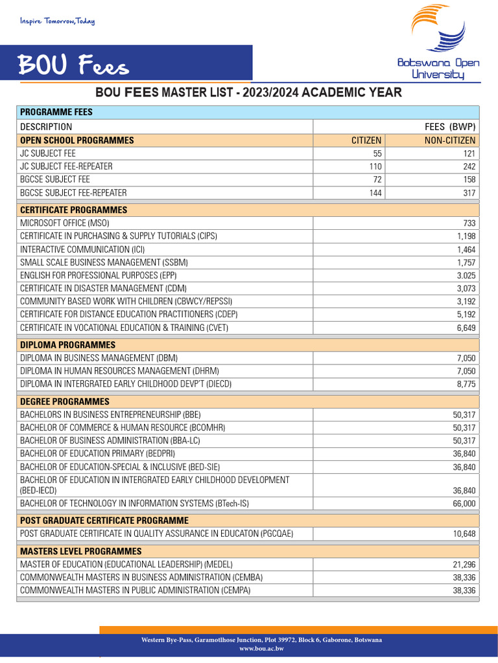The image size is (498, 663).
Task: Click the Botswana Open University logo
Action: [x=438, y=43]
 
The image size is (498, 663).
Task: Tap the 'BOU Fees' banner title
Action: [x=73, y=65]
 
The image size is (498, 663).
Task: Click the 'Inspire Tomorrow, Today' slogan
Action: [x=57, y=21]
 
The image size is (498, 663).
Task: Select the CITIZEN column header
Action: [x=366, y=140]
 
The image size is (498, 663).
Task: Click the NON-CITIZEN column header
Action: [x=450, y=140]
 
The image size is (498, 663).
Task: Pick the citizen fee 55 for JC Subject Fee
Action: [x=377, y=153]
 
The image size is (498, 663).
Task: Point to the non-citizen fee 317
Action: [x=469, y=193]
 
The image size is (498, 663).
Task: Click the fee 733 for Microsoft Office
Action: [x=469, y=223]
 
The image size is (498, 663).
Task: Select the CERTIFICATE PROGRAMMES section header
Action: [x=73, y=210]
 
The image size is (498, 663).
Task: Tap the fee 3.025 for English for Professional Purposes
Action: [x=466, y=275]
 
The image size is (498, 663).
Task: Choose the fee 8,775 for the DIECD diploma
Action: [x=466, y=384]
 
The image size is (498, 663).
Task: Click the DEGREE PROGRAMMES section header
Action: [x=65, y=401]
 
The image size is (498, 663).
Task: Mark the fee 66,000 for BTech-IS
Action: [x=464, y=504]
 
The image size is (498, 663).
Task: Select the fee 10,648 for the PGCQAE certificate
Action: [x=464, y=534]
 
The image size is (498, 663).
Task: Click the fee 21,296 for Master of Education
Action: [x=464, y=565]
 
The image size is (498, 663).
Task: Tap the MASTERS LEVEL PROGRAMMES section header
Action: [x=80, y=551]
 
